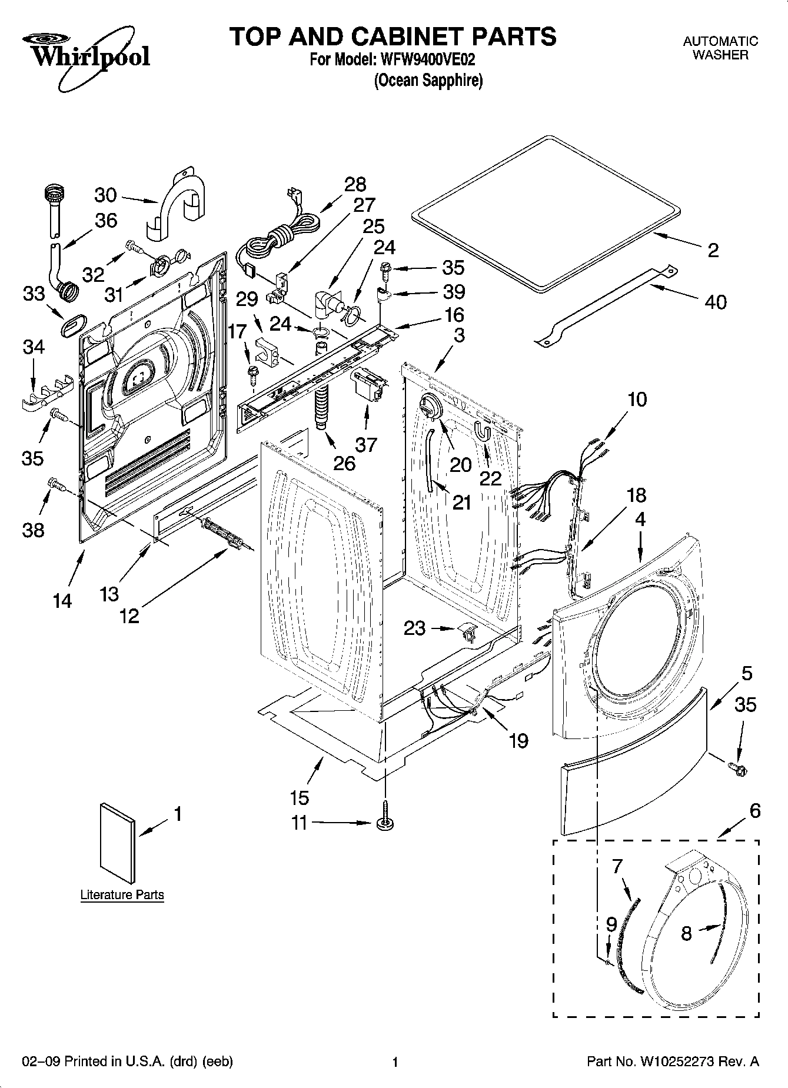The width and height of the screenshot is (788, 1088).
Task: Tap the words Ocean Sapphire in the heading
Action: pyautogui.click(x=428, y=80)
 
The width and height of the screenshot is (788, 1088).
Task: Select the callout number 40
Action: pyautogui.click(x=715, y=302)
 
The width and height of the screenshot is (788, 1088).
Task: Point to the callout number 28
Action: pyautogui.click(x=355, y=185)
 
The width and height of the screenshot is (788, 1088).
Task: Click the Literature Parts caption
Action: pyautogui.click(x=122, y=895)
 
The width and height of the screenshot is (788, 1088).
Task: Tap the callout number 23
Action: pyautogui.click(x=414, y=628)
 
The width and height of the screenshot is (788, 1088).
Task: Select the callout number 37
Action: pyautogui.click(x=366, y=444)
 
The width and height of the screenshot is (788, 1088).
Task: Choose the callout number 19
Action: pyautogui.click(x=518, y=740)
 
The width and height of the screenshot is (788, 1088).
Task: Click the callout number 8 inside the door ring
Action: pyautogui.click(x=686, y=933)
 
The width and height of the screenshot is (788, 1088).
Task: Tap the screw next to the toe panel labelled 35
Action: pyautogui.click(x=736, y=768)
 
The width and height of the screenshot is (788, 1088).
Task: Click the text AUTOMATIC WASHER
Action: pyautogui.click(x=720, y=48)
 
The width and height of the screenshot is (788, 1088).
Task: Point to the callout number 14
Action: pyautogui.click(x=62, y=601)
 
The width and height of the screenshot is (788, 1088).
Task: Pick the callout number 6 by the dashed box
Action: pyautogui.click(x=754, y=811)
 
